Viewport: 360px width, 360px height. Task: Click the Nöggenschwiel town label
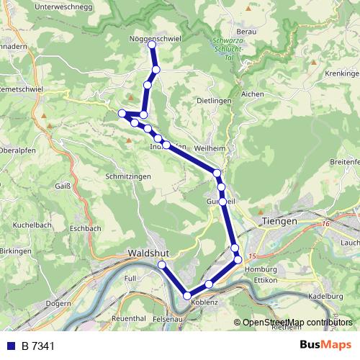[154, 37]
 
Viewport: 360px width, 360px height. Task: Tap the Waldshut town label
[148, 253]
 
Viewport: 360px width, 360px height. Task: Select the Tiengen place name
[279, 221]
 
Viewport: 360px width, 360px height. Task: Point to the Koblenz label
[204, 302]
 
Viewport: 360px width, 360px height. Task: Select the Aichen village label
[253, 94]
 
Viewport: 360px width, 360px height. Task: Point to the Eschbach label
[86, 228]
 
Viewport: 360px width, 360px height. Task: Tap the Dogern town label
[58, 303]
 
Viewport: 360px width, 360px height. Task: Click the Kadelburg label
[325, 295]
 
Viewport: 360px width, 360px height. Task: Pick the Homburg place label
[261, 269]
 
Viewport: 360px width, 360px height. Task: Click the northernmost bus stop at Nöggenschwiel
[152, 45]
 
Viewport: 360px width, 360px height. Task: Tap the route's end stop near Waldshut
[162, 266]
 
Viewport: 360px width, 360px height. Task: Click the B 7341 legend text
[38, 346]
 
